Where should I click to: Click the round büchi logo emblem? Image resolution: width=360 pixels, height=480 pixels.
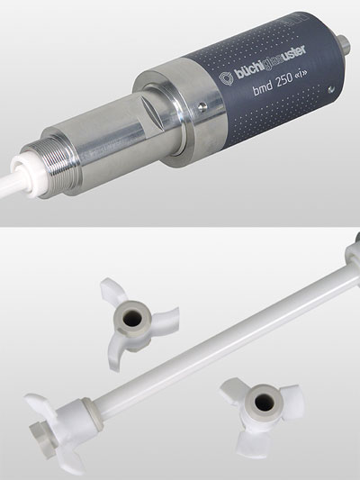[226, 78]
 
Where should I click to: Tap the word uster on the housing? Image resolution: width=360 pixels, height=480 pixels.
[292, 55]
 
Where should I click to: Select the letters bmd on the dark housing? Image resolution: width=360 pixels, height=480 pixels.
[263, 89]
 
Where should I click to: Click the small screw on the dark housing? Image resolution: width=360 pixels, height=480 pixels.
[330, 89]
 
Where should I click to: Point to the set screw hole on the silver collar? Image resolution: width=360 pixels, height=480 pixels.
[202, 106]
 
